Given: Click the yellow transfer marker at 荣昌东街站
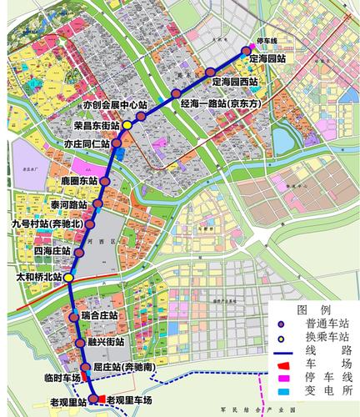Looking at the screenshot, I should [127, 126].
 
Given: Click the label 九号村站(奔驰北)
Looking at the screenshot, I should [47, 225].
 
